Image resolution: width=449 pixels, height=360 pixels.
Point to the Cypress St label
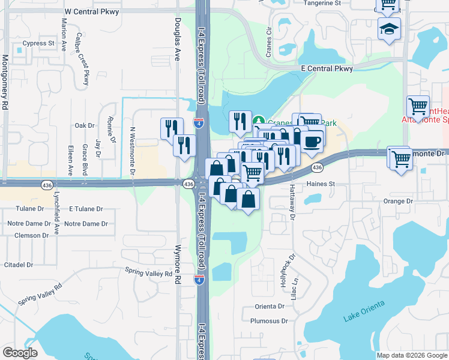38,43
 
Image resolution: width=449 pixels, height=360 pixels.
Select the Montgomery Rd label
5,77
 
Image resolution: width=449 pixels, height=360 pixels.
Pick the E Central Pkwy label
327,69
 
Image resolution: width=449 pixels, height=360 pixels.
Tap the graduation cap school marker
388,28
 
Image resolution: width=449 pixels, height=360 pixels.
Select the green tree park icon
259,121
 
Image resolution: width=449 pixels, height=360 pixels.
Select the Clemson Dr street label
31,235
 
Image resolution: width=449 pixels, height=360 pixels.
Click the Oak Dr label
85,125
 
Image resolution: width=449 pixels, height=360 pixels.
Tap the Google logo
20,352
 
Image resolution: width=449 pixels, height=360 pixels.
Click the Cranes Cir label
270,38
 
